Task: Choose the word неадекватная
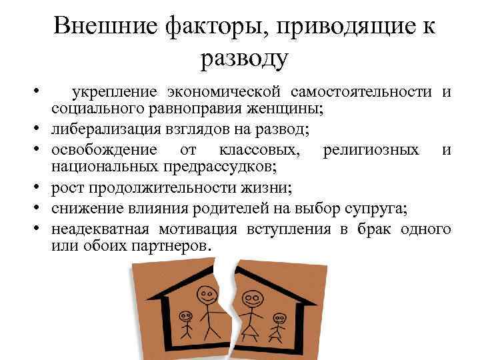tap(101, 230)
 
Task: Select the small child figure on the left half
tap(185, 327)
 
